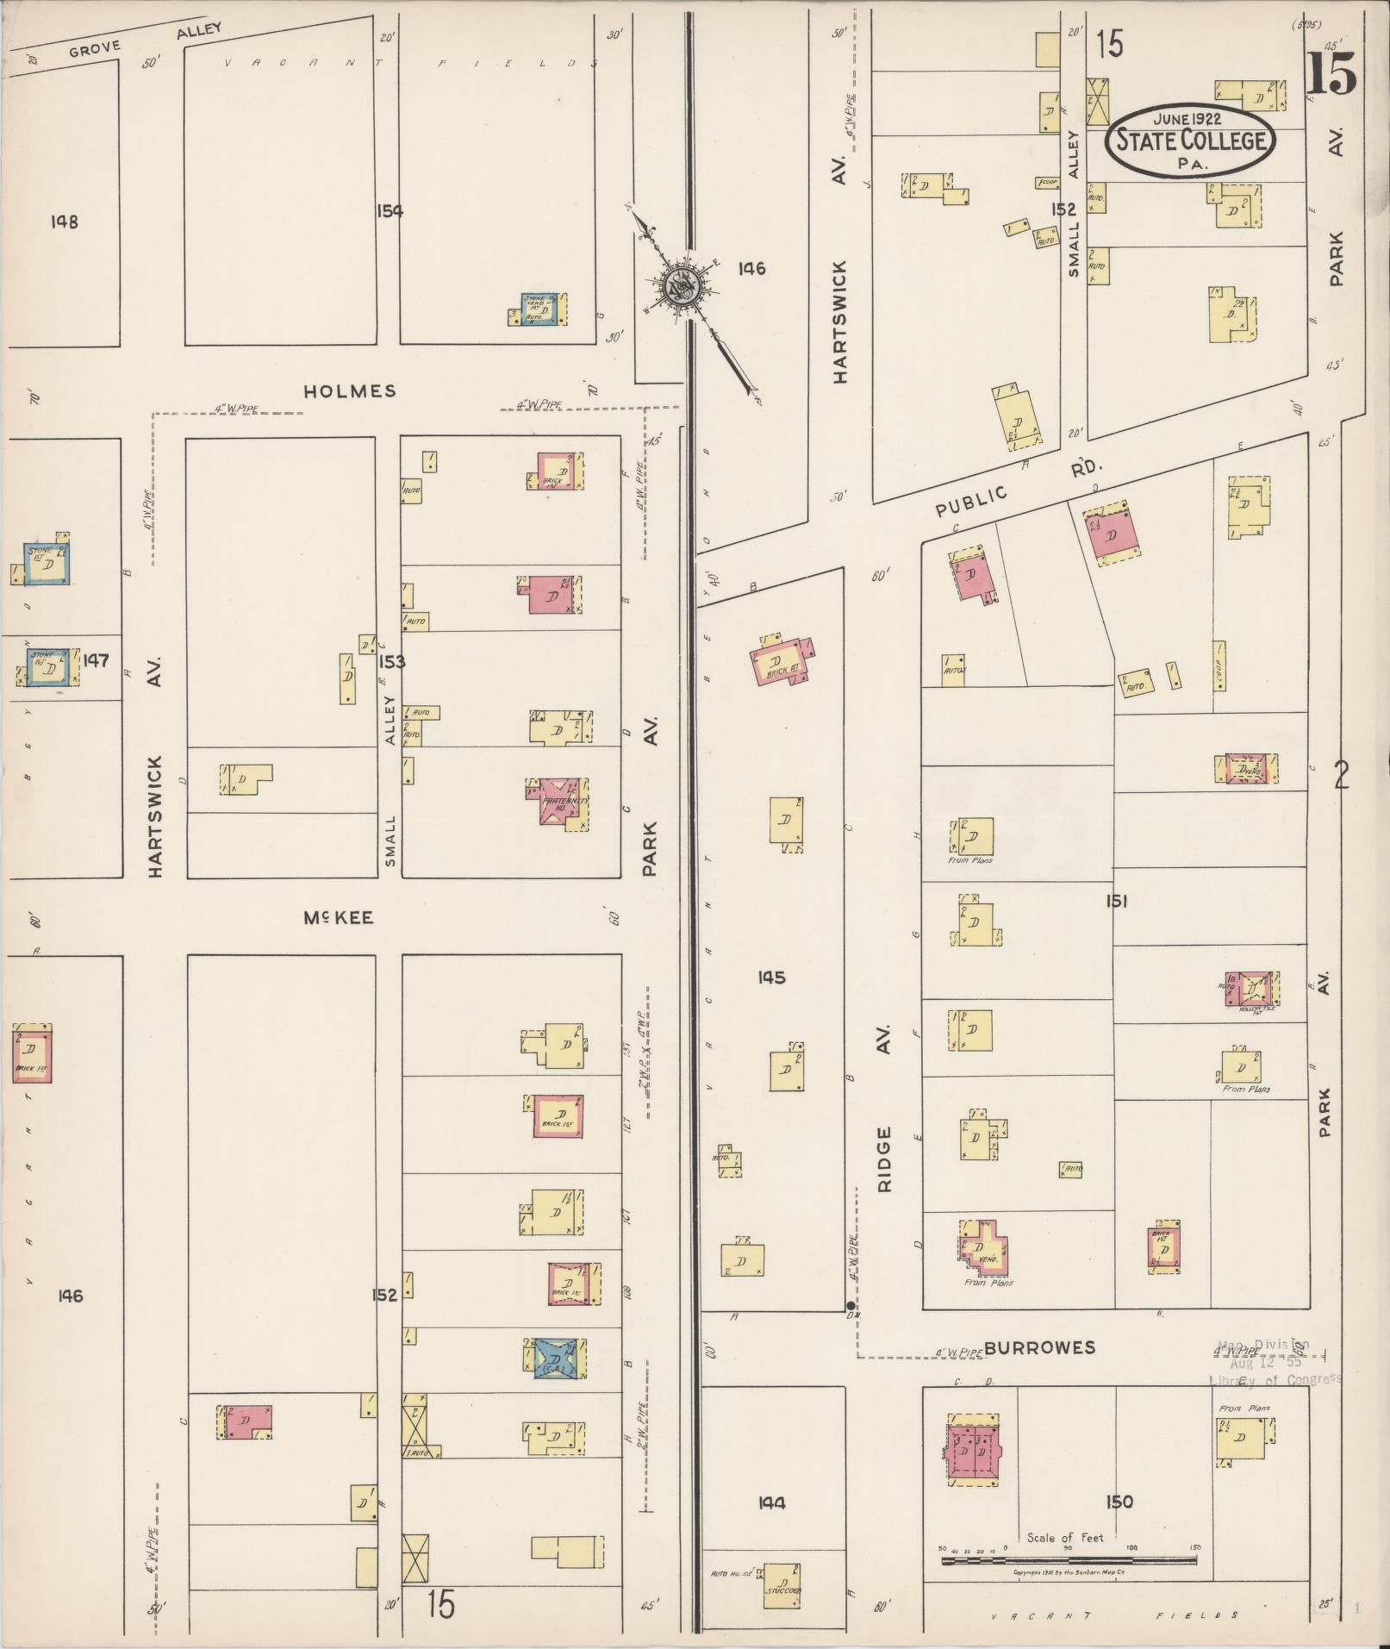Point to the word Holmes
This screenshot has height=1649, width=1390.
point(350,391)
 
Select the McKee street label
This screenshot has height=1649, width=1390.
point(339,918)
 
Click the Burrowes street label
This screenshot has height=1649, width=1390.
point(1040,1347)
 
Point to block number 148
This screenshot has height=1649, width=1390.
point(65,222)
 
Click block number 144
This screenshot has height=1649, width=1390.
point(771,1503)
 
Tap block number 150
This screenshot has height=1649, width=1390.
point(1119,1502)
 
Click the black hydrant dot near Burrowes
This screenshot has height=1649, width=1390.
point(851,1305)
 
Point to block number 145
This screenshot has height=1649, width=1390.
point(771,978)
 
